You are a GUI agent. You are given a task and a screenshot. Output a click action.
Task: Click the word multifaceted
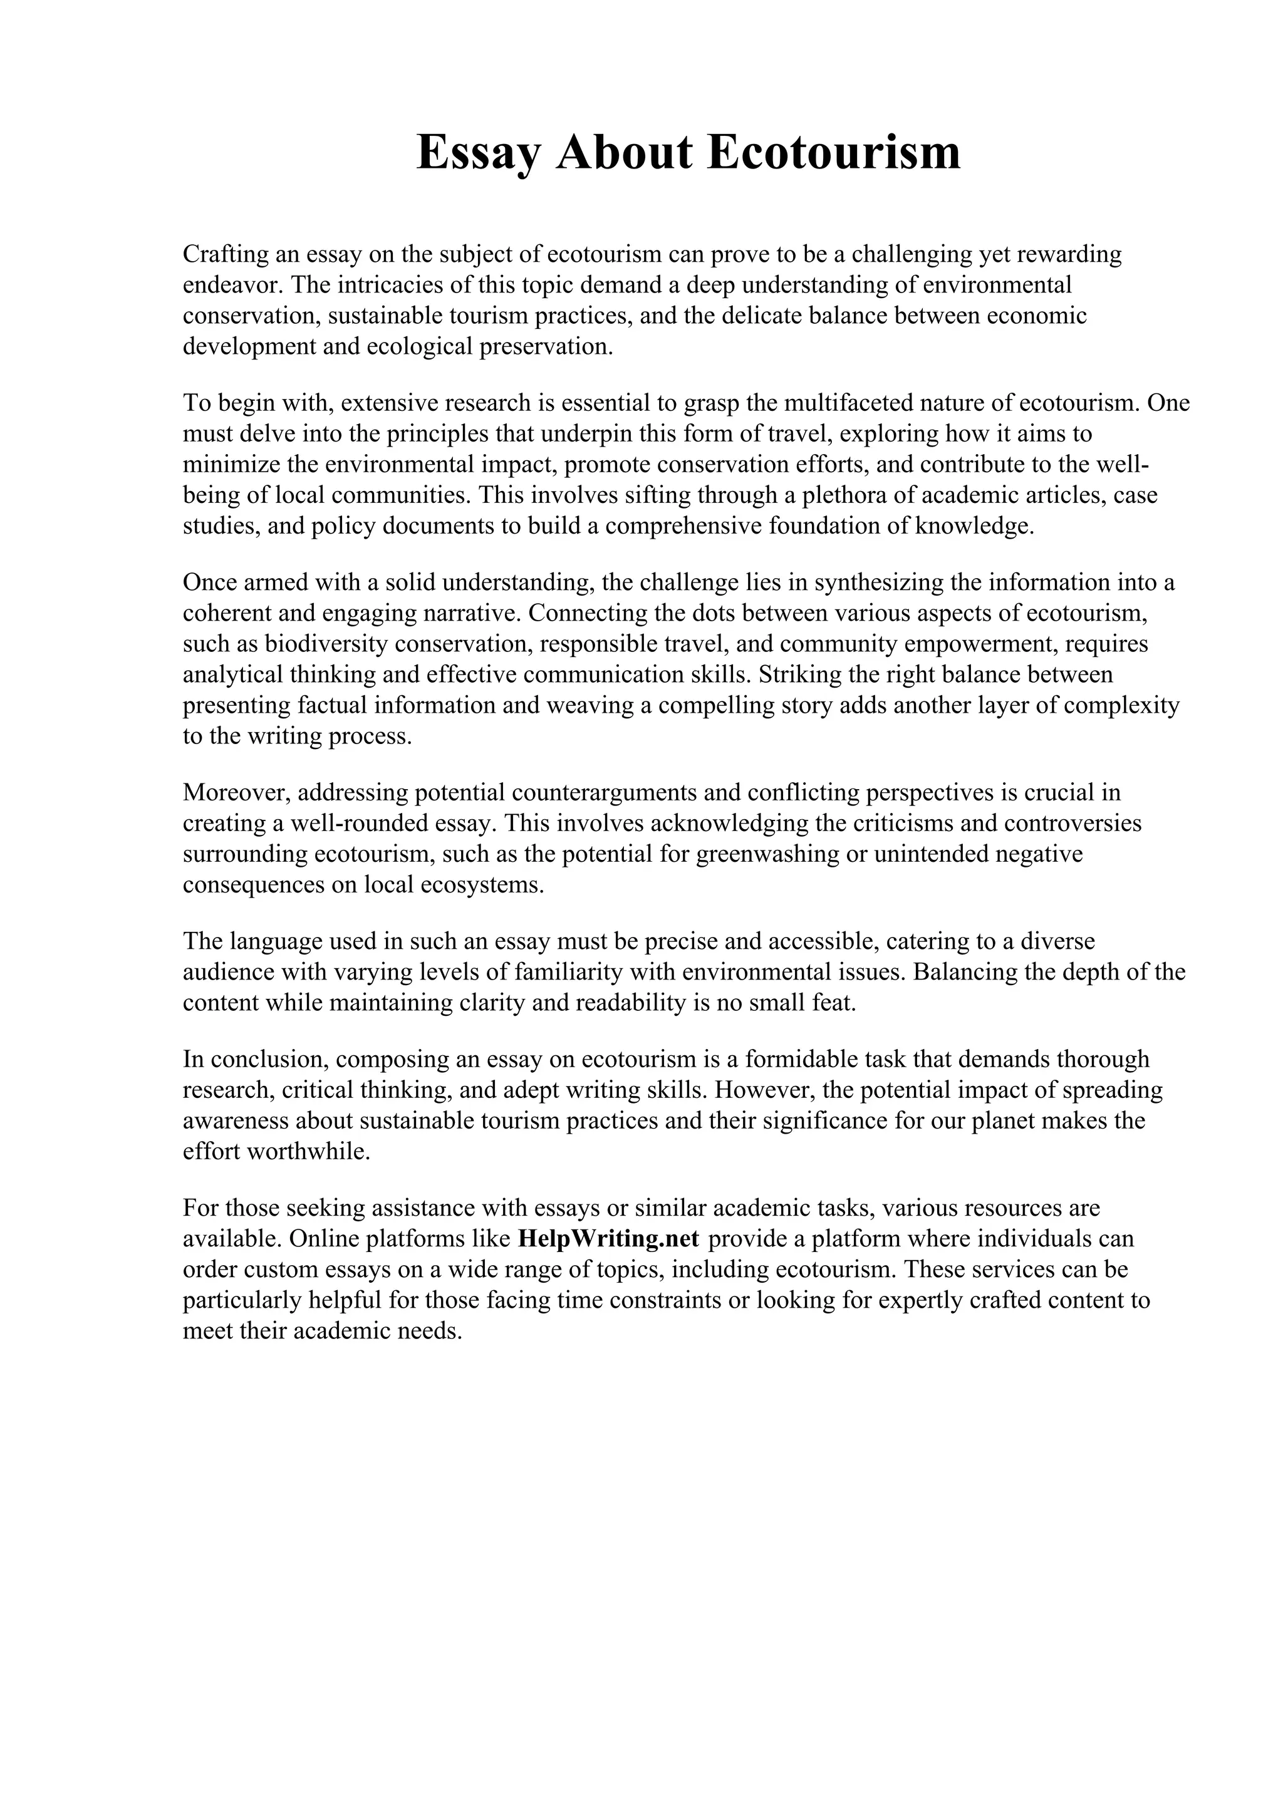(848, 403)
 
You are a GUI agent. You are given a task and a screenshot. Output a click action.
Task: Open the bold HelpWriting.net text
(608, 1239)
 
